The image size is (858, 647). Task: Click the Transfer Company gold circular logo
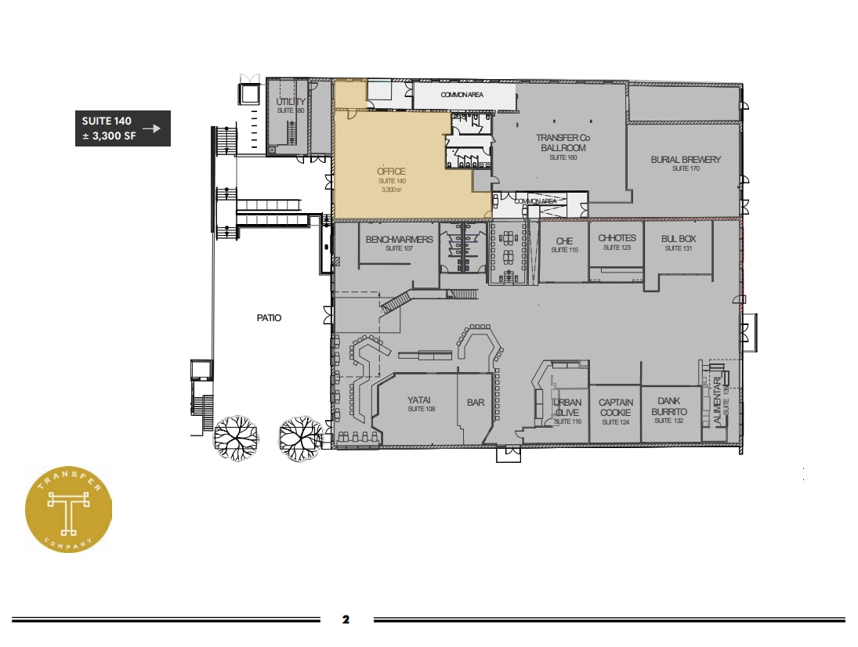coord(68,508)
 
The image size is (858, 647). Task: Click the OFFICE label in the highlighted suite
coord(391,172)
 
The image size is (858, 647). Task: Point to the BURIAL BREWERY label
coord(685,160)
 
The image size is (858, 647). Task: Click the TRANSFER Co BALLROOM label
coord(561,143)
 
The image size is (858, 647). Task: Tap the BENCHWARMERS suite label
coord(399,239)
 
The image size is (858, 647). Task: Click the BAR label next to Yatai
coord(476,403)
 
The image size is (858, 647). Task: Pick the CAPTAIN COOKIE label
coord(615,407)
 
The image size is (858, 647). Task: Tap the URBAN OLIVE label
coord(567,407)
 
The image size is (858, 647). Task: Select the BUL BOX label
coord(673,239)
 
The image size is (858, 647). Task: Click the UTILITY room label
coord(290,103)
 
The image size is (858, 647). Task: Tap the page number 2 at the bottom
coord(346,620)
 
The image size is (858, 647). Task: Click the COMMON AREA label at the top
coord(462,95)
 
